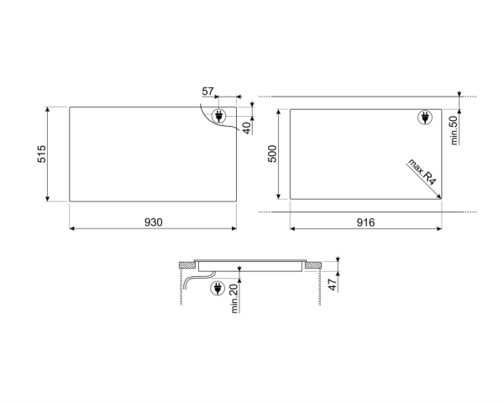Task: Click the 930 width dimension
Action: (153, 222)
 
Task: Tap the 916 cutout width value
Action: (364, 222)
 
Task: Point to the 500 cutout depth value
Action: (272, 154)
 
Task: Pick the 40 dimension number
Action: (247, 128)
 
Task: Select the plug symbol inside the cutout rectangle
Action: (426, 118)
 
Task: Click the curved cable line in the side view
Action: (195, 279)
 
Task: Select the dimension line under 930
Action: (153, 228)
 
